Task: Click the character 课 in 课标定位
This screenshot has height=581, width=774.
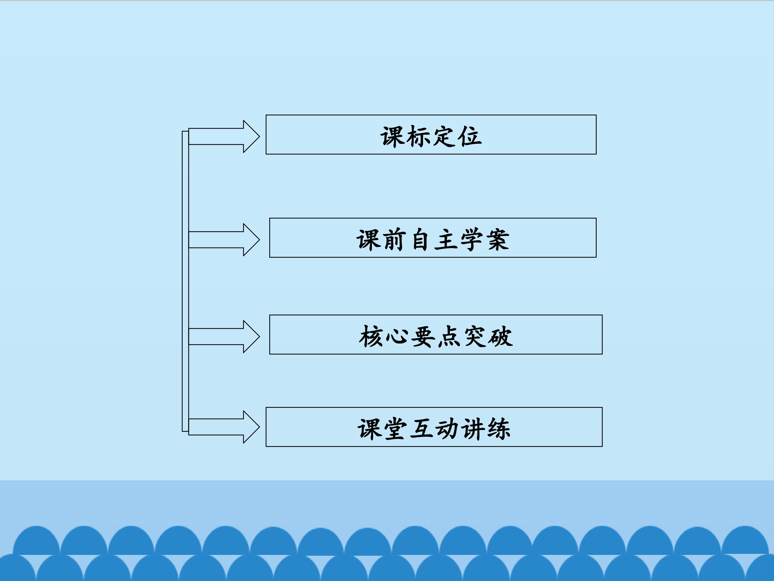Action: pyautogui.click(x=393, y=136)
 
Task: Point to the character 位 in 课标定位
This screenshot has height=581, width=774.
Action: pyautogui.click(x=471, y=136)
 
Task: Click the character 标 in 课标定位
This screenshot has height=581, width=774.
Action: pyautogui.click(x=418, y=136)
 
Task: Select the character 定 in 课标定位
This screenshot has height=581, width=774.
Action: pyautogui.click(x=445, y=136)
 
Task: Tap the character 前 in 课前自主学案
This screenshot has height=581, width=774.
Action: pyautogui.click(x=394, y=240)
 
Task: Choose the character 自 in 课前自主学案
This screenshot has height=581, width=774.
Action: pyautogui.click(x=420, y=240)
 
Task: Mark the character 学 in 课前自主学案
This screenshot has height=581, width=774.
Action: pyautogui.click(x=472, y=240)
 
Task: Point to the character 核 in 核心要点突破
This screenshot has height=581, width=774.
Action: pyautogui.click(x=371, y=336)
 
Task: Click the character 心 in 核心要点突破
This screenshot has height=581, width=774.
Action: pyautogui.click(x=397, y=336)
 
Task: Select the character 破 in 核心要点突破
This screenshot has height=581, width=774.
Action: pyautogui.click(x=501, y=336)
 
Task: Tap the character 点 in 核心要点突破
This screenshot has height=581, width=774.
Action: pyautogui.click(x=449, y=336)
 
